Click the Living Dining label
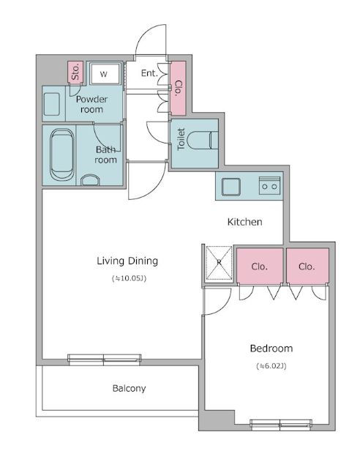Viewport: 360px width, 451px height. click(x=127, y=261)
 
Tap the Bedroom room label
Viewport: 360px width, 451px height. click(x=271, y=348)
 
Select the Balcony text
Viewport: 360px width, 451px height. click(x=129, y=388)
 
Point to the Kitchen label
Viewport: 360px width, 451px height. click(x=244, y=222)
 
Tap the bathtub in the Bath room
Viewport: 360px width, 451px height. click(x=61, y=154)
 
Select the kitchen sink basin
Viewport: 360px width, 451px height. click(x=231, y=187)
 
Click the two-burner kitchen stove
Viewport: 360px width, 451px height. click(x=269, y=185)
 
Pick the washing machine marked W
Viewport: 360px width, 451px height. click(x=105, y=74)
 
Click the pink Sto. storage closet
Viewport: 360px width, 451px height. click(x=75, y=72)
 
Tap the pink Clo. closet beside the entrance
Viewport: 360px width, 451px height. click(x=178, y=88)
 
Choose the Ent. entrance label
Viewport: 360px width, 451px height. click(x=149, y=73)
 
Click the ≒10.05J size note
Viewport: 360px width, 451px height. click(x=129, y=278)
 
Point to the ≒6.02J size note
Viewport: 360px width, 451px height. click(x=271, y=366)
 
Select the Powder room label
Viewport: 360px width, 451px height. click(x=91, y=104)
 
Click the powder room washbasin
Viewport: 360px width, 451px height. click(x=52, y=104)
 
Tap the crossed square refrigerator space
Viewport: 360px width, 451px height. click(x=219, y=263)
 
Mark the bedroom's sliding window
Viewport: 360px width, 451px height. click(x=281, y=424)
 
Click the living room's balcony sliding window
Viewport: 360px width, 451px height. click(x=104, y=359)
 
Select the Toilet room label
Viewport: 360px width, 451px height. click(x=181, y=139)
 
